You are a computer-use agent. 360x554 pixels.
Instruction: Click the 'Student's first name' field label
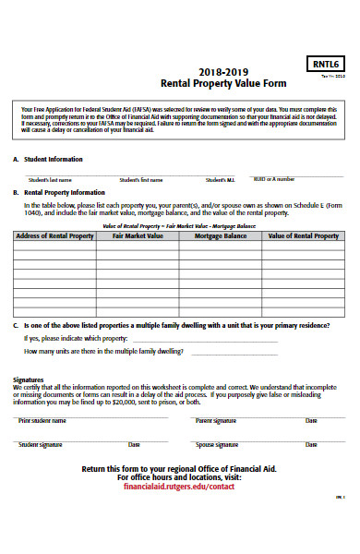pos(140,179)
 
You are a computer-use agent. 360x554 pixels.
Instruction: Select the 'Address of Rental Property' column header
pos(54,236)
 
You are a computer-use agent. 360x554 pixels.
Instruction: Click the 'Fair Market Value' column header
pos(138,236)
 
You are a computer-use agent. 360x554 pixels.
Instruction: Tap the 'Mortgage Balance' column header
pos(221,236)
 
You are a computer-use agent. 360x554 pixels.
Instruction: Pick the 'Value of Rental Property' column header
pos(303,236)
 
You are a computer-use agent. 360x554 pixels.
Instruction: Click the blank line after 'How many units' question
pos(234,352)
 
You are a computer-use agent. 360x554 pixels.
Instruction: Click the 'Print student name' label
pos(42,420)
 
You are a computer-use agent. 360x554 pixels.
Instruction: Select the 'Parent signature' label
pos(216,420)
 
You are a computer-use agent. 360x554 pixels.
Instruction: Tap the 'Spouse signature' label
pos(216,445)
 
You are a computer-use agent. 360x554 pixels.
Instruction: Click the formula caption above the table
pos(179,225)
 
